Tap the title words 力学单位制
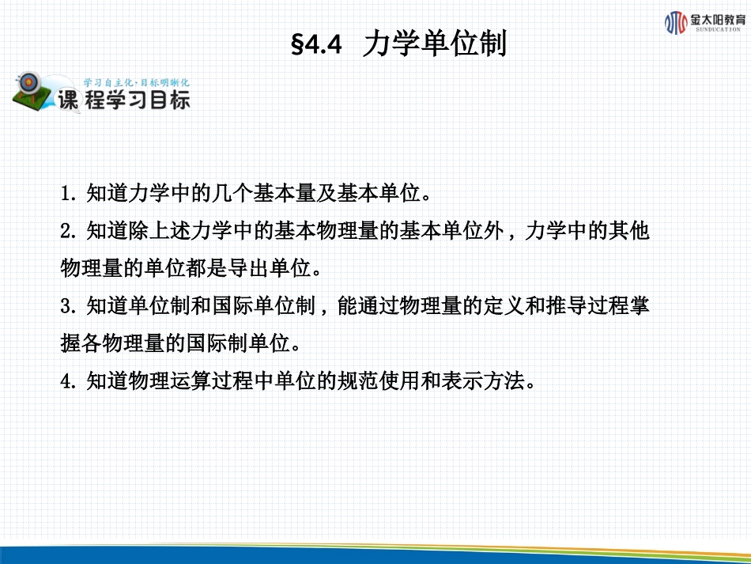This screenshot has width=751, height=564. [434, 45]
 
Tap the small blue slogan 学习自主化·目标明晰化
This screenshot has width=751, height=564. [136, 82]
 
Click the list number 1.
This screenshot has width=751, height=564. [66, 193]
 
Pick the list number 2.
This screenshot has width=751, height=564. [66, 231]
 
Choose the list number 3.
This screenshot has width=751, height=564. [66, 306]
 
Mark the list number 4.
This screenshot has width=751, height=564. [66, 382]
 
